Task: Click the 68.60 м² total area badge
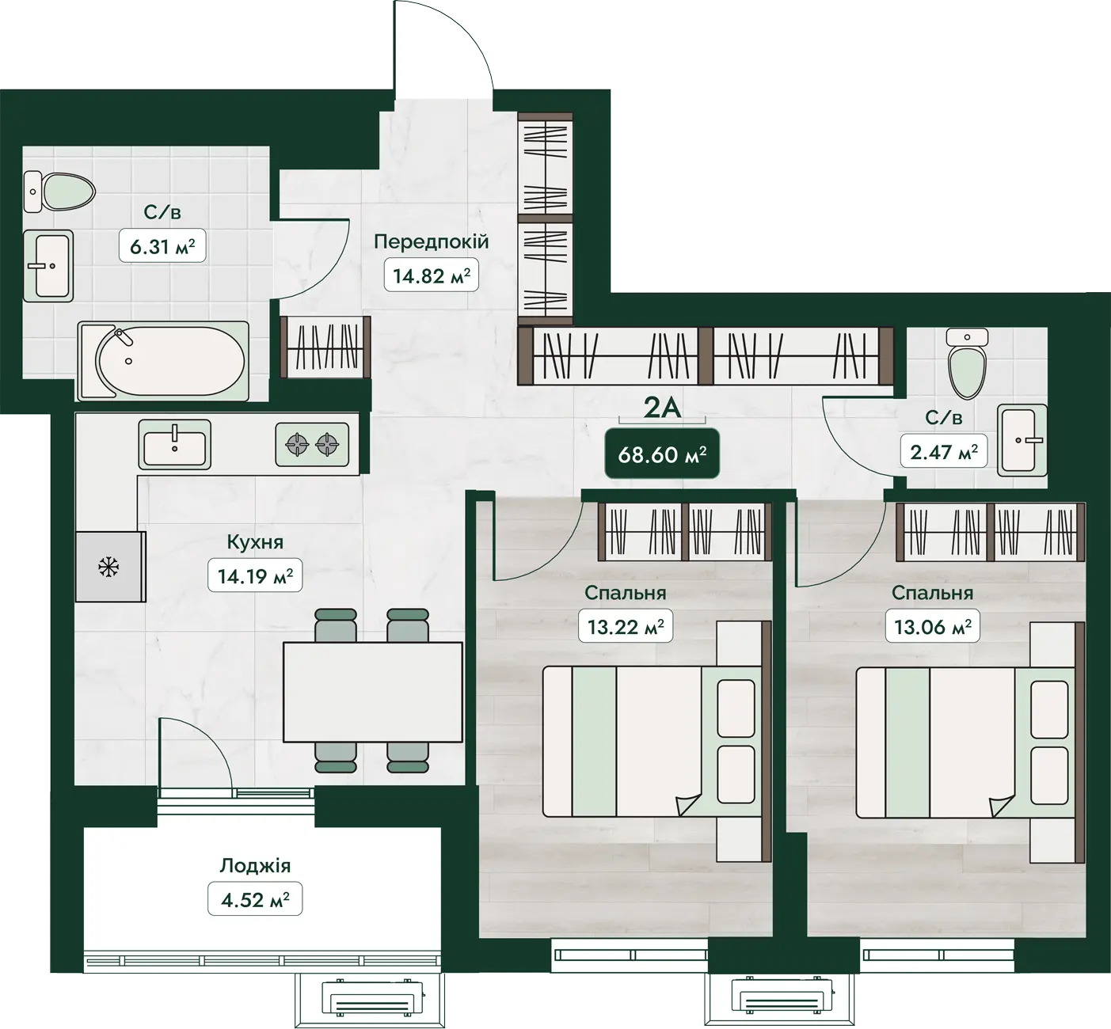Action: pos(662,454)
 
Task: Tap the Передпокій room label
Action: pos(432,241)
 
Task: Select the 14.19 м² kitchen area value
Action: pos(255,575)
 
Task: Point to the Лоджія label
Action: pos(255,866)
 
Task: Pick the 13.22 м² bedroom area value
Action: pos(626,626)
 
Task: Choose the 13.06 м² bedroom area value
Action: pos(933,626)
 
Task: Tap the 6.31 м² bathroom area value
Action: pos(162,246)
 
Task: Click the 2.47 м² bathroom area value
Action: pos(944,451)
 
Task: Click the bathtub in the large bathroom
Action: pos(163,361)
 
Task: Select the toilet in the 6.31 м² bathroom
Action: pos(60,192)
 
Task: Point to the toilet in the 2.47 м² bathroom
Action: pos(967,363)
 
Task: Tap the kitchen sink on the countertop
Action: pos(174,445)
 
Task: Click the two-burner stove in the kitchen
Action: pos(312,445)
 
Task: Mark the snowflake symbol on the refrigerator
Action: pos(108,568)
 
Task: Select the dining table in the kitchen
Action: pos(373,693)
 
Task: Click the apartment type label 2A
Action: pos(662,408)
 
